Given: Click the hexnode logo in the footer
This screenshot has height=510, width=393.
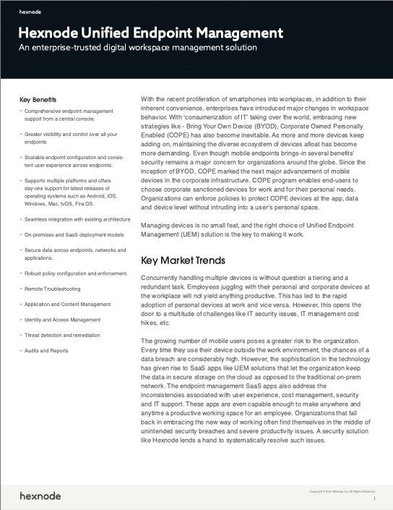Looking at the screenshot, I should (40, 496).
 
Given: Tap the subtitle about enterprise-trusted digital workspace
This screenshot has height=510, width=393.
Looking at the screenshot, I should (137, 48).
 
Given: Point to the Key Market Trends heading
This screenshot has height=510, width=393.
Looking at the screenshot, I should (183, 260).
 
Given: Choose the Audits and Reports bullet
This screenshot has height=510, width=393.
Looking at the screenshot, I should (47, 350).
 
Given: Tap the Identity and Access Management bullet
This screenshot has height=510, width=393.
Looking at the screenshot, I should (63, 319).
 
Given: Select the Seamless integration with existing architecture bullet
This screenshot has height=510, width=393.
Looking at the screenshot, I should (77, 218).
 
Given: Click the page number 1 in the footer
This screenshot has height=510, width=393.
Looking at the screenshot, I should (374, 499).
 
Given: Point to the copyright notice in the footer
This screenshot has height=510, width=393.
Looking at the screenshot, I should (342, 491).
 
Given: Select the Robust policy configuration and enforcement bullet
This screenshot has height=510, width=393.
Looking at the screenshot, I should (77, 273).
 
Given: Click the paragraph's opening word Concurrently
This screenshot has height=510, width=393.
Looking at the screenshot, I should (164, 278).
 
